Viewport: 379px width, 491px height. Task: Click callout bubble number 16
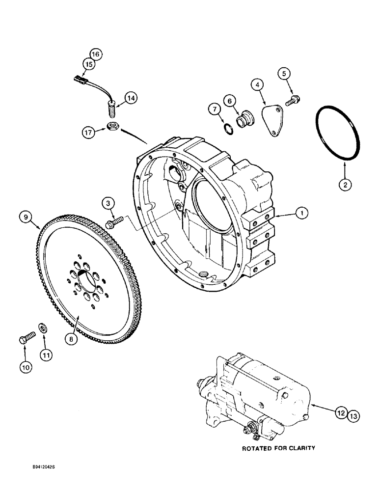[95, 54]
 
